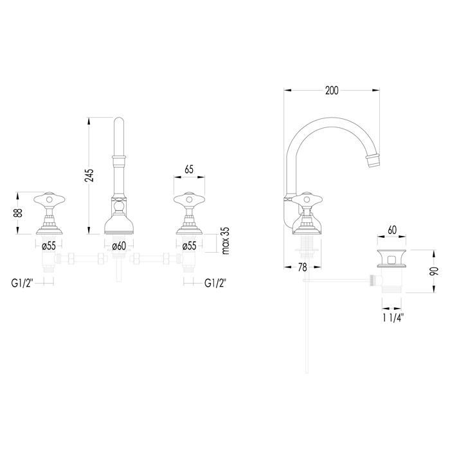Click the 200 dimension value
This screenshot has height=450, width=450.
332,91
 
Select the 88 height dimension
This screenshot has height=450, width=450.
19,213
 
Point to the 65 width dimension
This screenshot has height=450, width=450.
189,170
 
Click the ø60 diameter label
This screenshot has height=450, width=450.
119,246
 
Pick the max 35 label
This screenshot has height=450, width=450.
226,241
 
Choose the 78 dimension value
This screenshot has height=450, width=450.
303,267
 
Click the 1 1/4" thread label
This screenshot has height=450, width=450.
393,318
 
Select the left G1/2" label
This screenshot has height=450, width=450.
22,283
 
